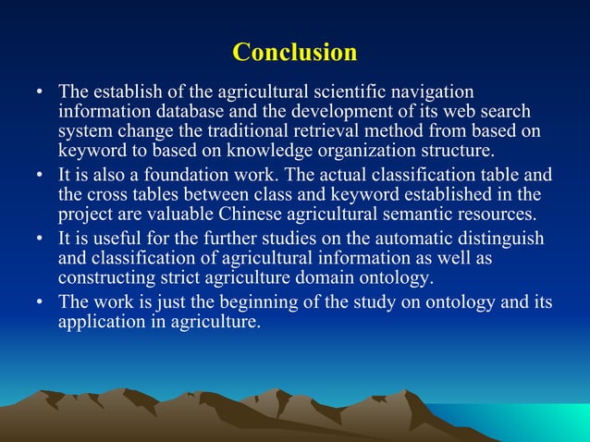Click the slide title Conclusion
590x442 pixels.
[294, 52]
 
